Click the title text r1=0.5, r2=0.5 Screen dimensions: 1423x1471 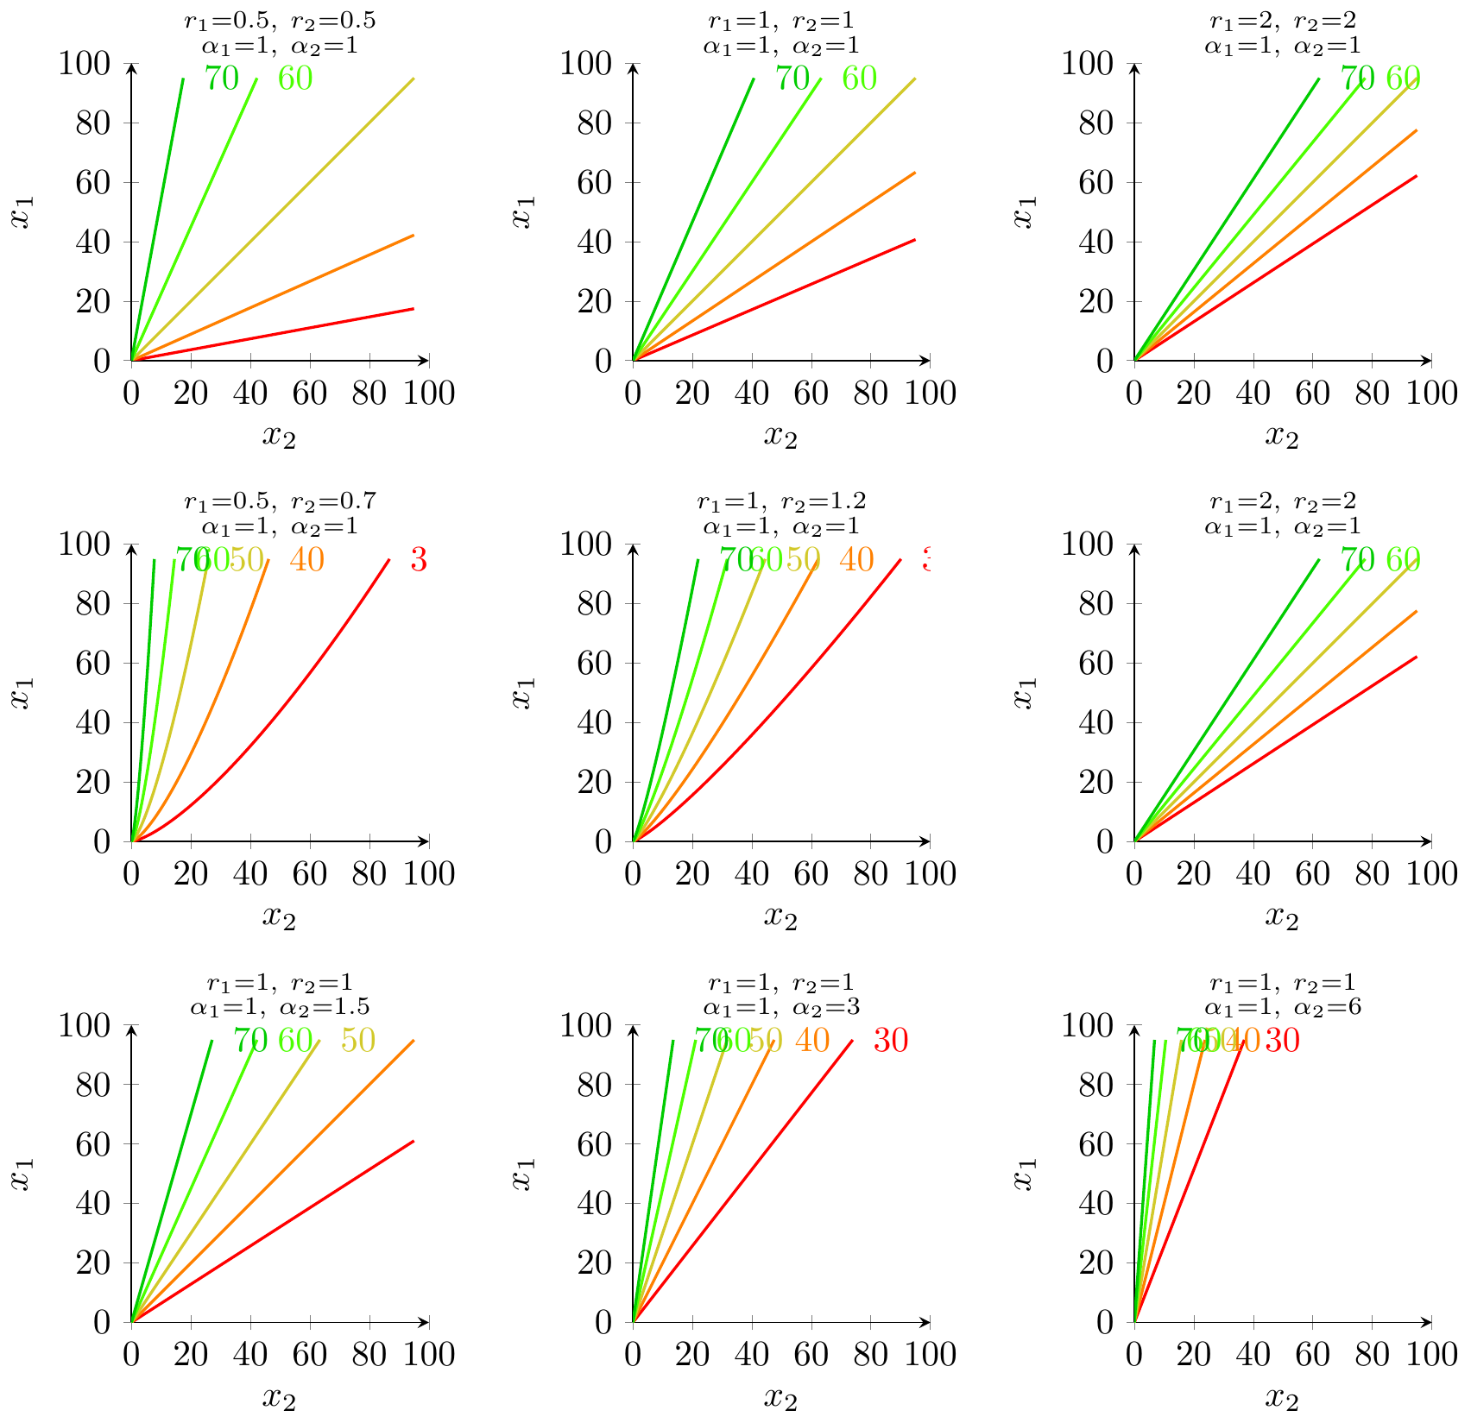[280, 19]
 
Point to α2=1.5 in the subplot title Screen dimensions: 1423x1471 [332, 1006]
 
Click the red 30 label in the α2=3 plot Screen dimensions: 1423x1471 [890, 1042]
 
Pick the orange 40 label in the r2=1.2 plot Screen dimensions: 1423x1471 [855, 561]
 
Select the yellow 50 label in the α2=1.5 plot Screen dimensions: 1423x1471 [357, 1041]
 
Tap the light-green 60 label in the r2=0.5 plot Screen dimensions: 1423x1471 [294, 79]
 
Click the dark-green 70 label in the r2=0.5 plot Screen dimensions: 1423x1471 [221, 79]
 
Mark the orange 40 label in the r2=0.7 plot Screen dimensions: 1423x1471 [306, 561]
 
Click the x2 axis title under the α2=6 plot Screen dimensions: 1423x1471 [1282, 1398]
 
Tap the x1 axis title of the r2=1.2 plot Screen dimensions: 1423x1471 [521, 692]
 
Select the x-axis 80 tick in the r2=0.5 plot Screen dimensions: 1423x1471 [369, 394]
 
